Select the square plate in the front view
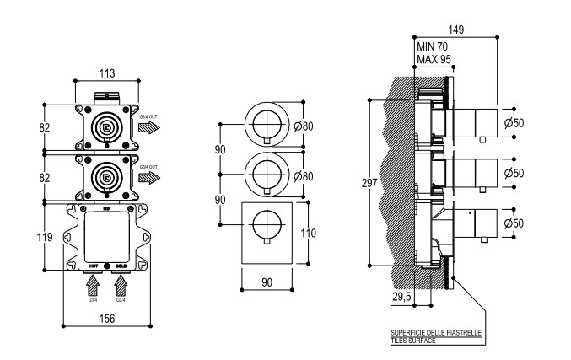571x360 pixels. coord(267,233)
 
